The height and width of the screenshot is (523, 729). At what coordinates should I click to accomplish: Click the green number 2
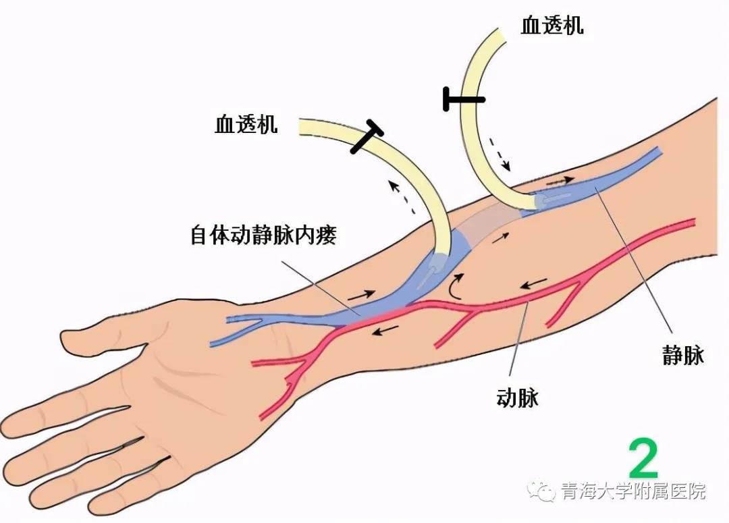(643, 458)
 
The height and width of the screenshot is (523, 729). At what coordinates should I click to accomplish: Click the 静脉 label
(683, 356)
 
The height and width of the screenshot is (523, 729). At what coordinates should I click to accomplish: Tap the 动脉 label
(518, 398)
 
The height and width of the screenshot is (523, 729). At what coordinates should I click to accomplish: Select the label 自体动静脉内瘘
(263, 235)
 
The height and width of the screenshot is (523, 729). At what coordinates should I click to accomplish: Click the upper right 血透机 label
(552, 25)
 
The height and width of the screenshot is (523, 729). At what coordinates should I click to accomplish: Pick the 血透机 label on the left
(246, 124)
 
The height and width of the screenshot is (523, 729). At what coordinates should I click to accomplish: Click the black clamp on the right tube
(464, 99)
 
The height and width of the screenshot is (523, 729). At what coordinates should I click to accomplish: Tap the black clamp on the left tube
(367, 137)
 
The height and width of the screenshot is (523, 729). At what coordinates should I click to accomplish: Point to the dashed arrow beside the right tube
(500, 154)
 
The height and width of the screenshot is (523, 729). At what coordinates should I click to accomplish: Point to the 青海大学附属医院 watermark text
(633, 491)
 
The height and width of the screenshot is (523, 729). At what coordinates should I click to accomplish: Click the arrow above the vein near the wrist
(361, 295)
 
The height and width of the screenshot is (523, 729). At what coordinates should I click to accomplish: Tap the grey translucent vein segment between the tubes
(487, 225)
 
